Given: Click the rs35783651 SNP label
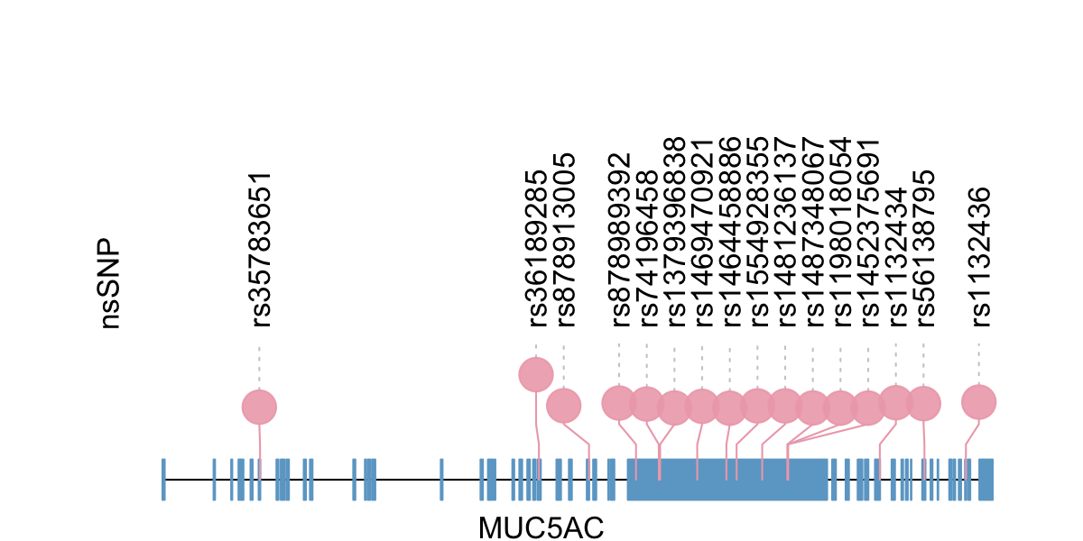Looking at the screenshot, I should click(259, 250).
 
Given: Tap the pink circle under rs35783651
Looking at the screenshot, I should click(259, 407).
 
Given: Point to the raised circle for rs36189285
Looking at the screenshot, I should click(536, 374).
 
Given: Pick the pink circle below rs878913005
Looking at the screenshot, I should click(564, 406).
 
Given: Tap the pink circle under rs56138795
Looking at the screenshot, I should click(923, 403).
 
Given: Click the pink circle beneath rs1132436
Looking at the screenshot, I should click(979, 402).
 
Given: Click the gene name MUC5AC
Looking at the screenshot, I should click(541, 527).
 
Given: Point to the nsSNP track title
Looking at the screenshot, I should click(110, 284).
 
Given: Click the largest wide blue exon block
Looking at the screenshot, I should click(727, 480).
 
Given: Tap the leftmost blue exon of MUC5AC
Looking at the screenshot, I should click(163, 480).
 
